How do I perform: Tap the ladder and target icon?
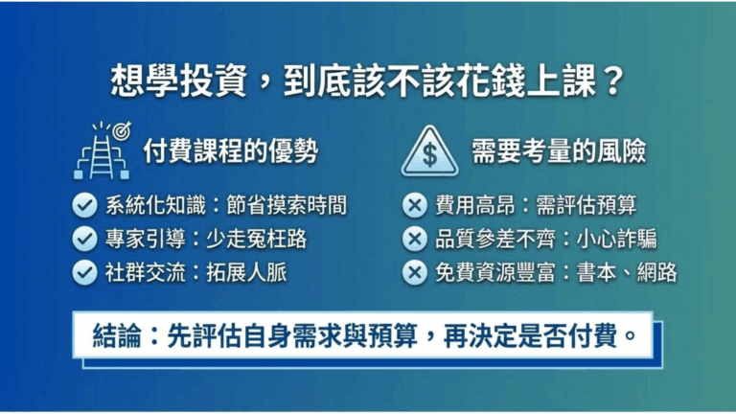[x=102, y=150]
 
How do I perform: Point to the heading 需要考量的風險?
[x=559, y=151]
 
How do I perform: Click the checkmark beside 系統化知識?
[x=85, y=204]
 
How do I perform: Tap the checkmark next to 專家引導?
[x=85, y=238]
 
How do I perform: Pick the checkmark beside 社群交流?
[x=85, y=272]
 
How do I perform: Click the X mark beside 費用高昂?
[x=414, y=204]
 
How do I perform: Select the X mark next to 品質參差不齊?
[x=414, y=238]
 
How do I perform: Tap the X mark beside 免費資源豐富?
[x=414, y=272]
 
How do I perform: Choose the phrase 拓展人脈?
[x=246, y=272]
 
